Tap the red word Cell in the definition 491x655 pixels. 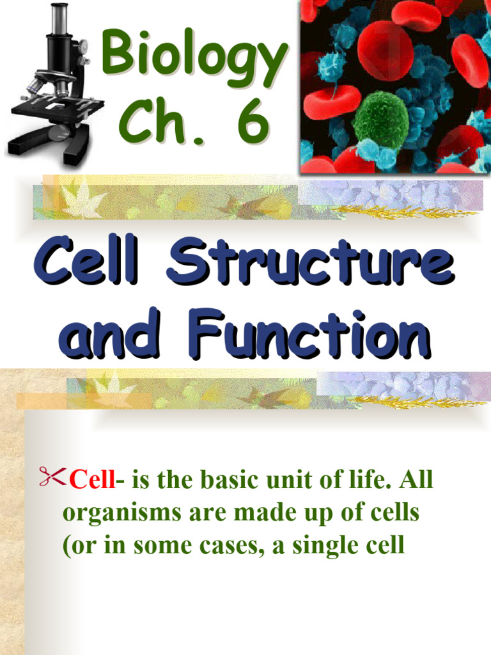click(90, 480)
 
